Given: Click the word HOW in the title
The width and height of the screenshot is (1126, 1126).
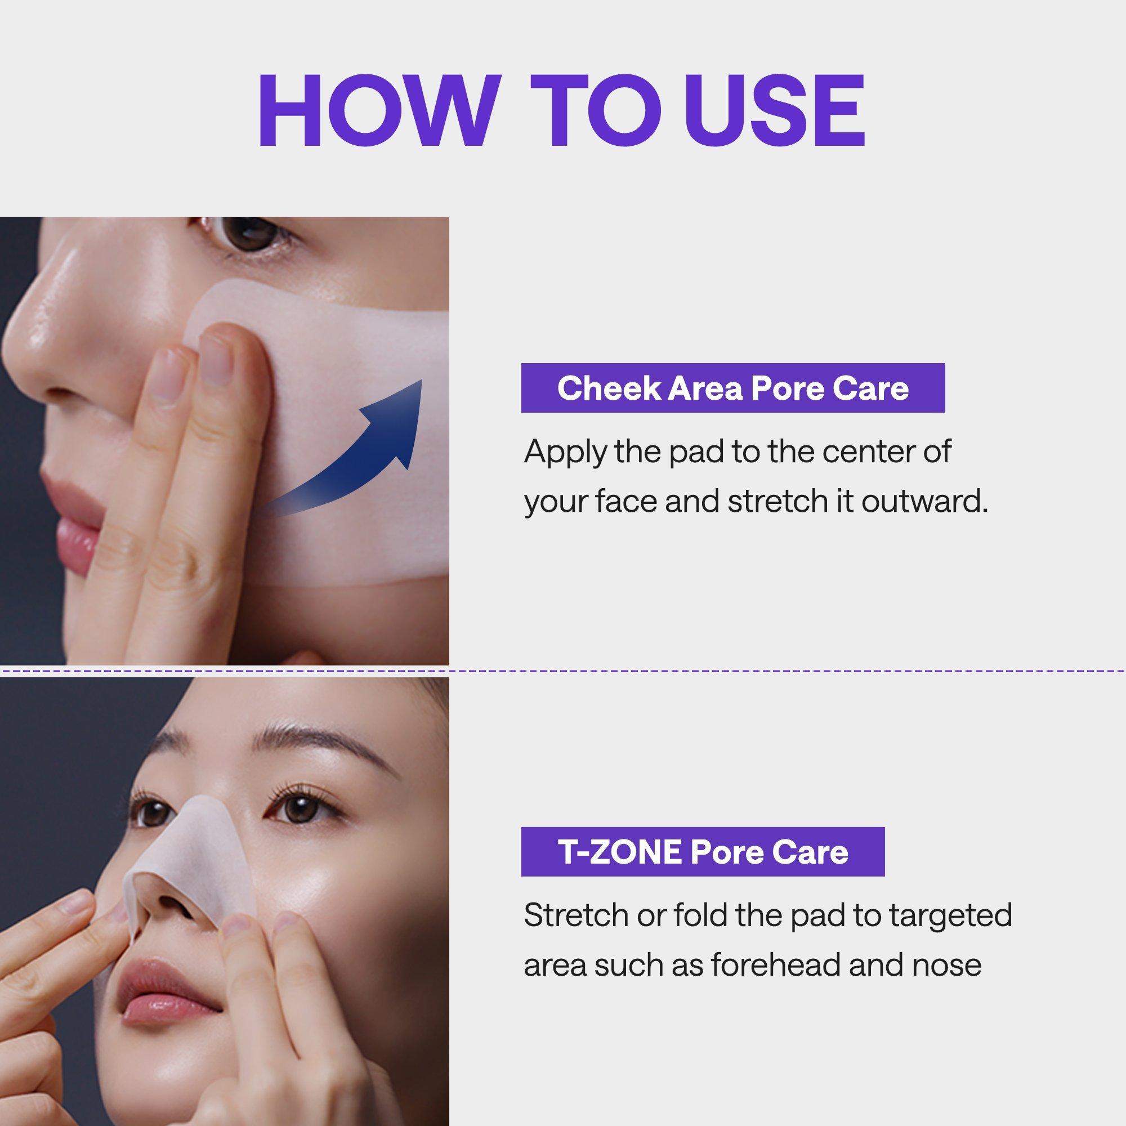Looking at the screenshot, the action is tap(379, 110).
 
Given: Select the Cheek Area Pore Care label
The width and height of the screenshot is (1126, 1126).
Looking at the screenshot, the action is tap(732, 388).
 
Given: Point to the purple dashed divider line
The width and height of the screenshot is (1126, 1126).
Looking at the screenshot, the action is tap(563, 671).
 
